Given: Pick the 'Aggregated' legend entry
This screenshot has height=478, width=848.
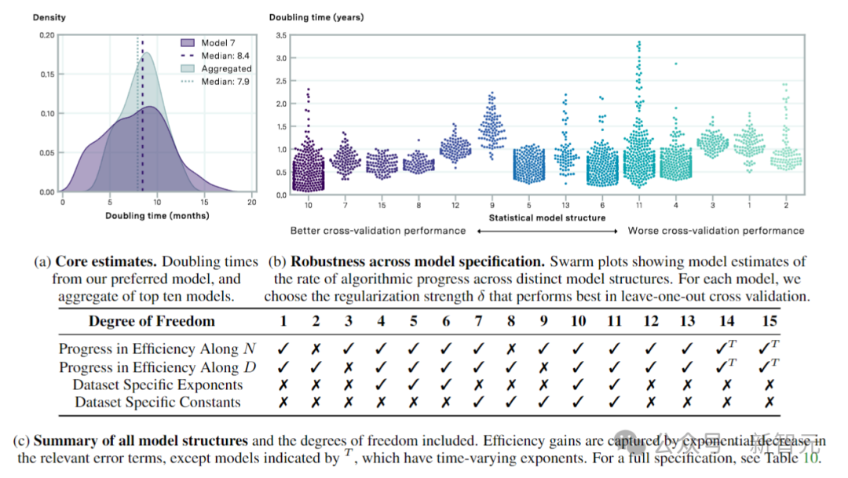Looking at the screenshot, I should pos(226,68).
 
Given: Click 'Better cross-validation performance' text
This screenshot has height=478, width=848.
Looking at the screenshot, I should pos(378,231).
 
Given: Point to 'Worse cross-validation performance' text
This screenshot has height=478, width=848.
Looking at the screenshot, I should pos(715,231).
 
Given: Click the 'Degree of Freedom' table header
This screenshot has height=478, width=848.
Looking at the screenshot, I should pos(152,321).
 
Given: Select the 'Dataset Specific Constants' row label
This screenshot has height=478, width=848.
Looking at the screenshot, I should pos(158,402).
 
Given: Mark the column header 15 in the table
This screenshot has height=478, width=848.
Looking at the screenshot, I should pos(769,321).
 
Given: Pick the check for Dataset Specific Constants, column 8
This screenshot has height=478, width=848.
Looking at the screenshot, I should pos(511,402).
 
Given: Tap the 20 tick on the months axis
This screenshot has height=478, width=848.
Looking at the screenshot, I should pos(251,203).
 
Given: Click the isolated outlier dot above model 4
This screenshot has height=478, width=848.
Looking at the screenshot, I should pos(675,64).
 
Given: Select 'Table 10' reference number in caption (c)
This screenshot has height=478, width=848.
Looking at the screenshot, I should pos(810,458).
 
